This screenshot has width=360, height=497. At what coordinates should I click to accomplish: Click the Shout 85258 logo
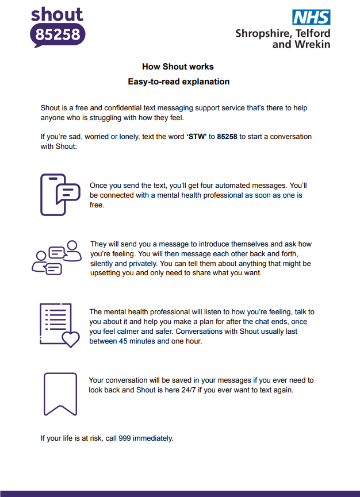coord(58,26)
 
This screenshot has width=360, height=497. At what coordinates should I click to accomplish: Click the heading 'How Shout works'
coord(178,67)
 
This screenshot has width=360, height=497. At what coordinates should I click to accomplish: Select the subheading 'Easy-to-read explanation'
coord(178,82)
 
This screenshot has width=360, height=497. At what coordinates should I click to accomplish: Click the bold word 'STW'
coord(196,137)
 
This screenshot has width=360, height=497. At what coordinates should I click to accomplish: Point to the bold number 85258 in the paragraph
coord(227,137)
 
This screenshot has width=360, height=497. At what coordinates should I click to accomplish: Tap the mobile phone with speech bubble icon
coord(60,195)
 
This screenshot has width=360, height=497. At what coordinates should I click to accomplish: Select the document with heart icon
coord(59,325)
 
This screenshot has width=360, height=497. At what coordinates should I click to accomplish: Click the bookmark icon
coord(60,394)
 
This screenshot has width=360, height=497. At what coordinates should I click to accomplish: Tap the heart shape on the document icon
coord(71,339)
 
